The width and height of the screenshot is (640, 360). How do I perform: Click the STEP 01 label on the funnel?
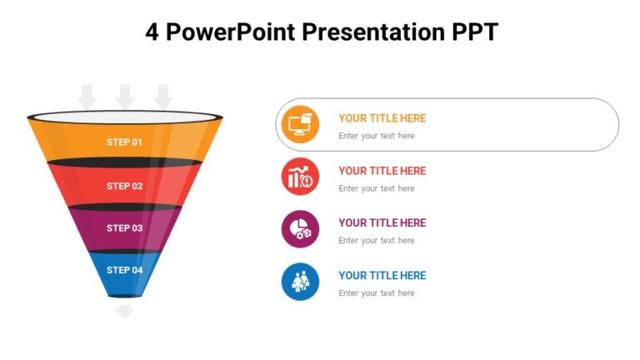(124, 142)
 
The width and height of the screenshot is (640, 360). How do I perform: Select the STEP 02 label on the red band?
(124, 186)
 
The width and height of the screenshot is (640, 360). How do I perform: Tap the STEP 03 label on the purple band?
(124, 227)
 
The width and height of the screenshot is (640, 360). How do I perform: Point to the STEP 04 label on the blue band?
(124, 270)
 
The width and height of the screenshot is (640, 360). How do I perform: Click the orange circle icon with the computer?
(300, 124)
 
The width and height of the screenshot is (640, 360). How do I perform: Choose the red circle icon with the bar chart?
(300, 177)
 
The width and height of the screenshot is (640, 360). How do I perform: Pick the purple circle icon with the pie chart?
(300, 229)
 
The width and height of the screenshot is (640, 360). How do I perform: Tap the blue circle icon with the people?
(300, 282)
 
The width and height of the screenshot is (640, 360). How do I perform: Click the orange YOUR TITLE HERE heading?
(382, 118)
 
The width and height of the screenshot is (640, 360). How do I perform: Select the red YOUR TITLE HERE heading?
(382, 171)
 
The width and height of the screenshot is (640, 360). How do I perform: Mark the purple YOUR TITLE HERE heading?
(382, 222)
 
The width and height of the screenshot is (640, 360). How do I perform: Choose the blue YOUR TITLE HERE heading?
(382, 275)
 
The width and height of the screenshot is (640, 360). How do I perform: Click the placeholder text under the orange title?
(376, 136)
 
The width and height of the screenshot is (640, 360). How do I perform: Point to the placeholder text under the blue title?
(376, 293)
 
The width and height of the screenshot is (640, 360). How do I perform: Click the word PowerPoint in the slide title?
(230, 32)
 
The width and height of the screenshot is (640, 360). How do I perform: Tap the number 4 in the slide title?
(152, 32)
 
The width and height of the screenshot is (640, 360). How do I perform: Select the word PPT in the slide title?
(474, 32)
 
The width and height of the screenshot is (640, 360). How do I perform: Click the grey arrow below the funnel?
(124, 312)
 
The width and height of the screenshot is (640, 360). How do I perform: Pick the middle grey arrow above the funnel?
(125, 96)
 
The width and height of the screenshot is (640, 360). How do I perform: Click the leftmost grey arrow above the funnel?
(87, 96)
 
